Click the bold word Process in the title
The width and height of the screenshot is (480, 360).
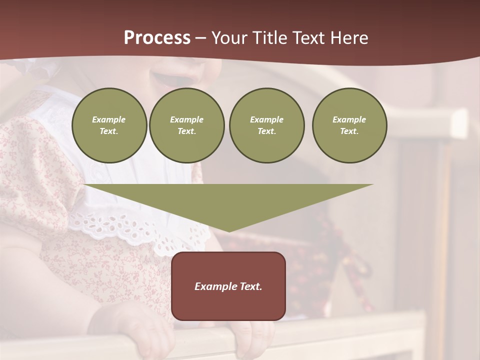[x=157, y=38]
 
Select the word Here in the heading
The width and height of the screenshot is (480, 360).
[x=349, y=38]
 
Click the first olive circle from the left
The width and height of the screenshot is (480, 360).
[x=109, y=125]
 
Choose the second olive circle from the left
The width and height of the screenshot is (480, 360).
[x=186, y=125]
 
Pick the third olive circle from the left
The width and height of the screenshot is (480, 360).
[x=266, y=125]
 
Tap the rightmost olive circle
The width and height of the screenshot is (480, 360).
[x=349, y=125]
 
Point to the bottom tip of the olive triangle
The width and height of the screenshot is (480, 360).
[x=229, y=230]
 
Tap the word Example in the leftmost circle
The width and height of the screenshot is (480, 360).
[x=109, y=119]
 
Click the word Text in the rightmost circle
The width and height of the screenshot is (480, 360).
[x=349, y=131]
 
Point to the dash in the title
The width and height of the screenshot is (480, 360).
[x=201, y=38]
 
